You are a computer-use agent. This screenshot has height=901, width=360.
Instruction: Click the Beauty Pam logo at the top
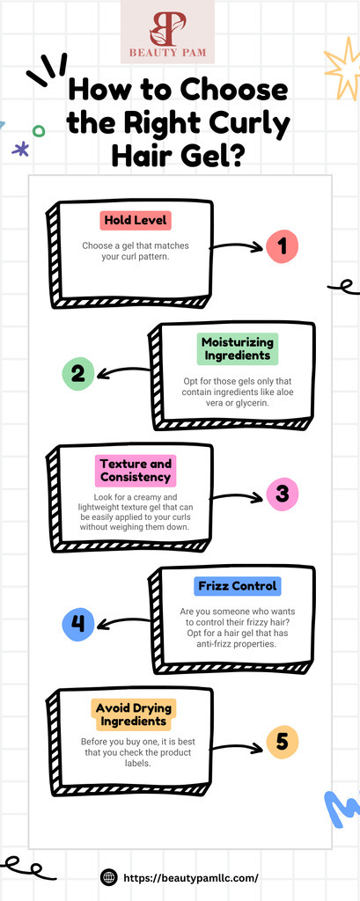tap(167, 33)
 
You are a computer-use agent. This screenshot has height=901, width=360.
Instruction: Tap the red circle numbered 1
tap(282, 246)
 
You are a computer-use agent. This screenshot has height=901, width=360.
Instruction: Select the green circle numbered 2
tap(78, 374)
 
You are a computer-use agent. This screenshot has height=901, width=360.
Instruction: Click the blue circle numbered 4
tap(78, 624)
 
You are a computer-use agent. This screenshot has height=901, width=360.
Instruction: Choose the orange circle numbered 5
tap(283, 742)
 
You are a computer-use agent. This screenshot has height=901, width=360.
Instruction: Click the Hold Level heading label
tap(136, 221)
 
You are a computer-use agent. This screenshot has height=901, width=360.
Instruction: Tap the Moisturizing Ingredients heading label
tap(238, 348)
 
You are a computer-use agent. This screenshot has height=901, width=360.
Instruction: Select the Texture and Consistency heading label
tap(136, 471)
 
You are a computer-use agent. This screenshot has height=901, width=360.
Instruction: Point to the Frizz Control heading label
tap(238, 587)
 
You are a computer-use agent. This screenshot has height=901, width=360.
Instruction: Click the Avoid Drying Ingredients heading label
tap(134, 714)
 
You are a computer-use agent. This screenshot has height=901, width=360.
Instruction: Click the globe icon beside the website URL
tap(108, 877)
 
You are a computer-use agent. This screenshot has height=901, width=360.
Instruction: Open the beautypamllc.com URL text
tap(190, 878)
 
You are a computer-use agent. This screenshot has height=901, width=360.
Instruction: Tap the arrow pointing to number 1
tap(236, 246)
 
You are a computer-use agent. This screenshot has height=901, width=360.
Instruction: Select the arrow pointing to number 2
tap(123, 372)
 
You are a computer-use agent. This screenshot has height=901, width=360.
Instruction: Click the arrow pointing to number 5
tap(236, 747)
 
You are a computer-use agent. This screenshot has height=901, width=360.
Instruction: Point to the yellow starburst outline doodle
tap(343, 69)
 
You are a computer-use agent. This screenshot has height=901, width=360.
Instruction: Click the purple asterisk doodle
tap(21, 150)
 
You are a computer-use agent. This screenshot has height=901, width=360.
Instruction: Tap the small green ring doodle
tap(39, 131)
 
